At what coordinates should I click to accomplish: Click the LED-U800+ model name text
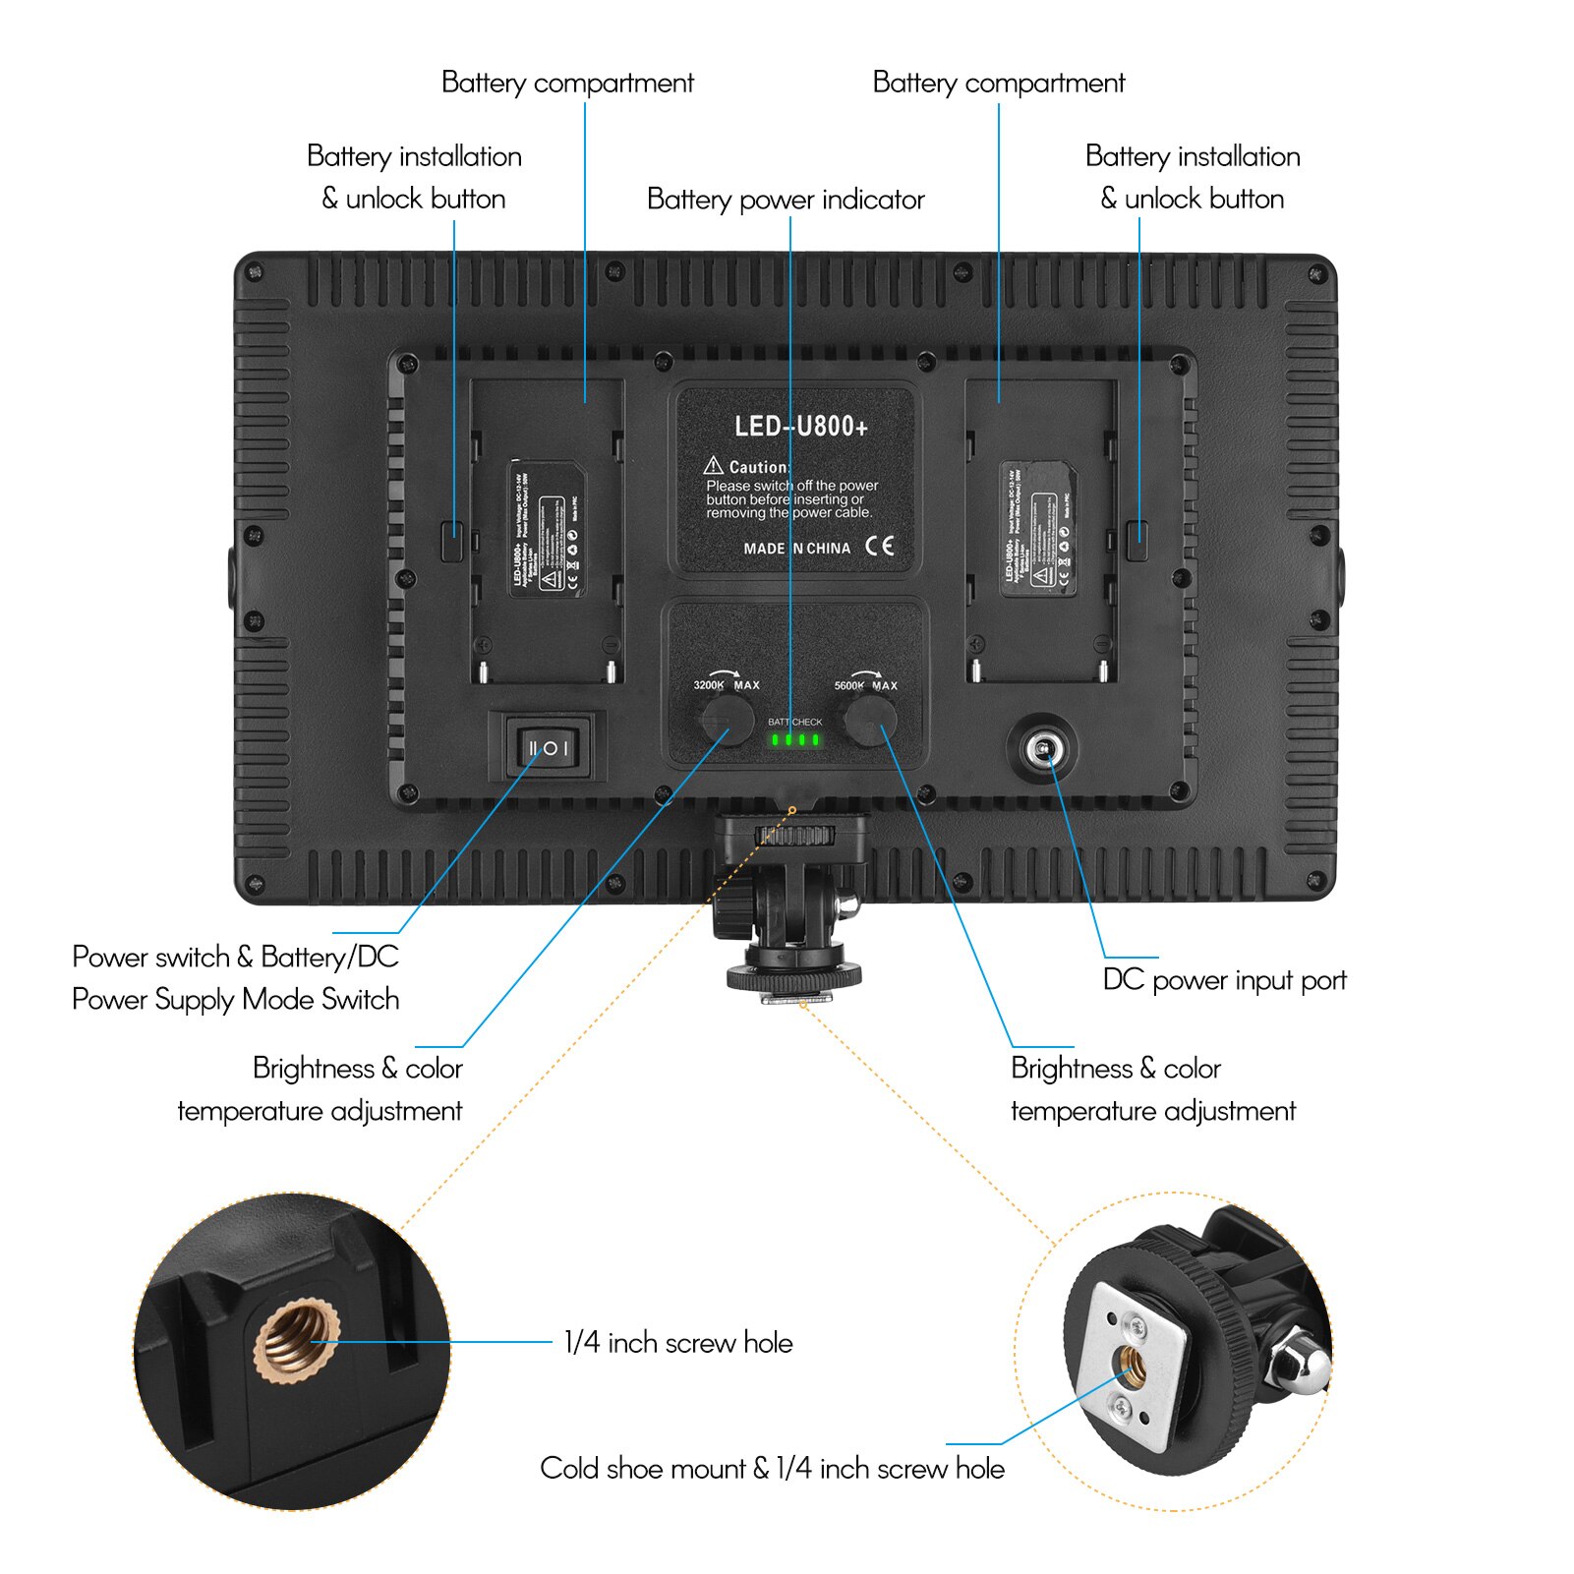[801, 427]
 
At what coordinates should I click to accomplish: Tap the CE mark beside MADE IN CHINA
[880, 547]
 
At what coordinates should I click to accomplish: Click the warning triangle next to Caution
[714, 466]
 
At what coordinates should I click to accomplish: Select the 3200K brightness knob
[727, 721]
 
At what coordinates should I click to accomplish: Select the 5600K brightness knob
[870, 722]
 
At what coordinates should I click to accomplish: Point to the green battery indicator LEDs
[795, 739]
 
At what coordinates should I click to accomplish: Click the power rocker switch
[548, 748]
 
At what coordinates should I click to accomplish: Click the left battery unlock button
[452, 540]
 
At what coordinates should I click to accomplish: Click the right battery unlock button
[1137, 540]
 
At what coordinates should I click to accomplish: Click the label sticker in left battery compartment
[547, 530]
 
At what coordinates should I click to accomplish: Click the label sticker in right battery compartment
[1038, 530]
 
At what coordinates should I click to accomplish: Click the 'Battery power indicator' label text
[786, 200]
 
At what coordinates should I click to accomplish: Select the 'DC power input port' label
[1224, 980]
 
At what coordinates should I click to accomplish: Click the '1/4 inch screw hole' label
[678, 1343]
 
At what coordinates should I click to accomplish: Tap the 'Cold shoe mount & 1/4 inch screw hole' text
[773, 1469]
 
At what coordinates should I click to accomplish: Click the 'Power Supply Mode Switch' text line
[236, 1000]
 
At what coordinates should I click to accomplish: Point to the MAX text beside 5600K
[885, 685]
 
